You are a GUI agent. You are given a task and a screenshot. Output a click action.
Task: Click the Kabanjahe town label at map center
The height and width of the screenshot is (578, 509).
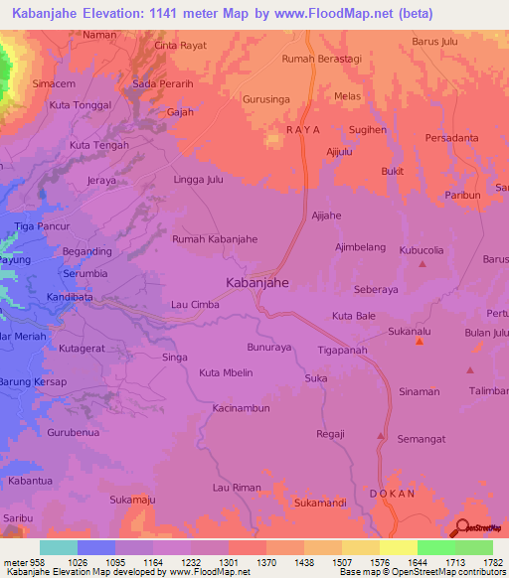point(257,283)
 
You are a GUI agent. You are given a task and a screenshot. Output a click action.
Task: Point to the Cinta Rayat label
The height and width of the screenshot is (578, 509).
point(180,46)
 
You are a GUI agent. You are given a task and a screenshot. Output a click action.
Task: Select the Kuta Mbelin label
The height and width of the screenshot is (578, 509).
point(226,372)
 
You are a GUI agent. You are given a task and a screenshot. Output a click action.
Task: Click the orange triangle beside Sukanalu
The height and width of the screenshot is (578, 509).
point(420,342)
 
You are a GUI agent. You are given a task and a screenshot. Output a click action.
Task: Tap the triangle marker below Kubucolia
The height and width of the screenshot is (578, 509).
point(423,264)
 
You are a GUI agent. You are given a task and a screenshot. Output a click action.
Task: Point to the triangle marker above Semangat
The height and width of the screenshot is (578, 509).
point(380,435)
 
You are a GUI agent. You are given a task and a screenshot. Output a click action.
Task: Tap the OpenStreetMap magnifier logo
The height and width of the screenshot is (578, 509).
point(461,528)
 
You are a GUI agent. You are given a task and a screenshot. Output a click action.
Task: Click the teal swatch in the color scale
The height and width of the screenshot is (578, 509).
point(59,547)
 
